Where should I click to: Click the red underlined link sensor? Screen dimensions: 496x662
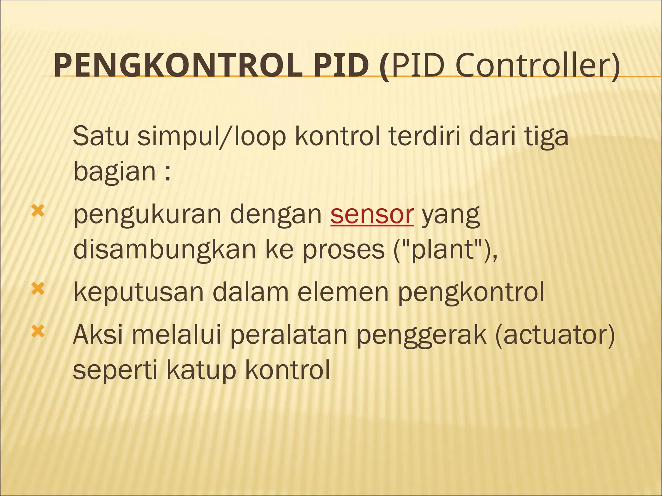[372, 214]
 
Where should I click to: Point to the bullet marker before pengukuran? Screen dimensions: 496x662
[37, 212]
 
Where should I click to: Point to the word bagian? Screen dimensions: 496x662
[115, 171]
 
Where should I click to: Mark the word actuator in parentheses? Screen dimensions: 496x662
[555, 335]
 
